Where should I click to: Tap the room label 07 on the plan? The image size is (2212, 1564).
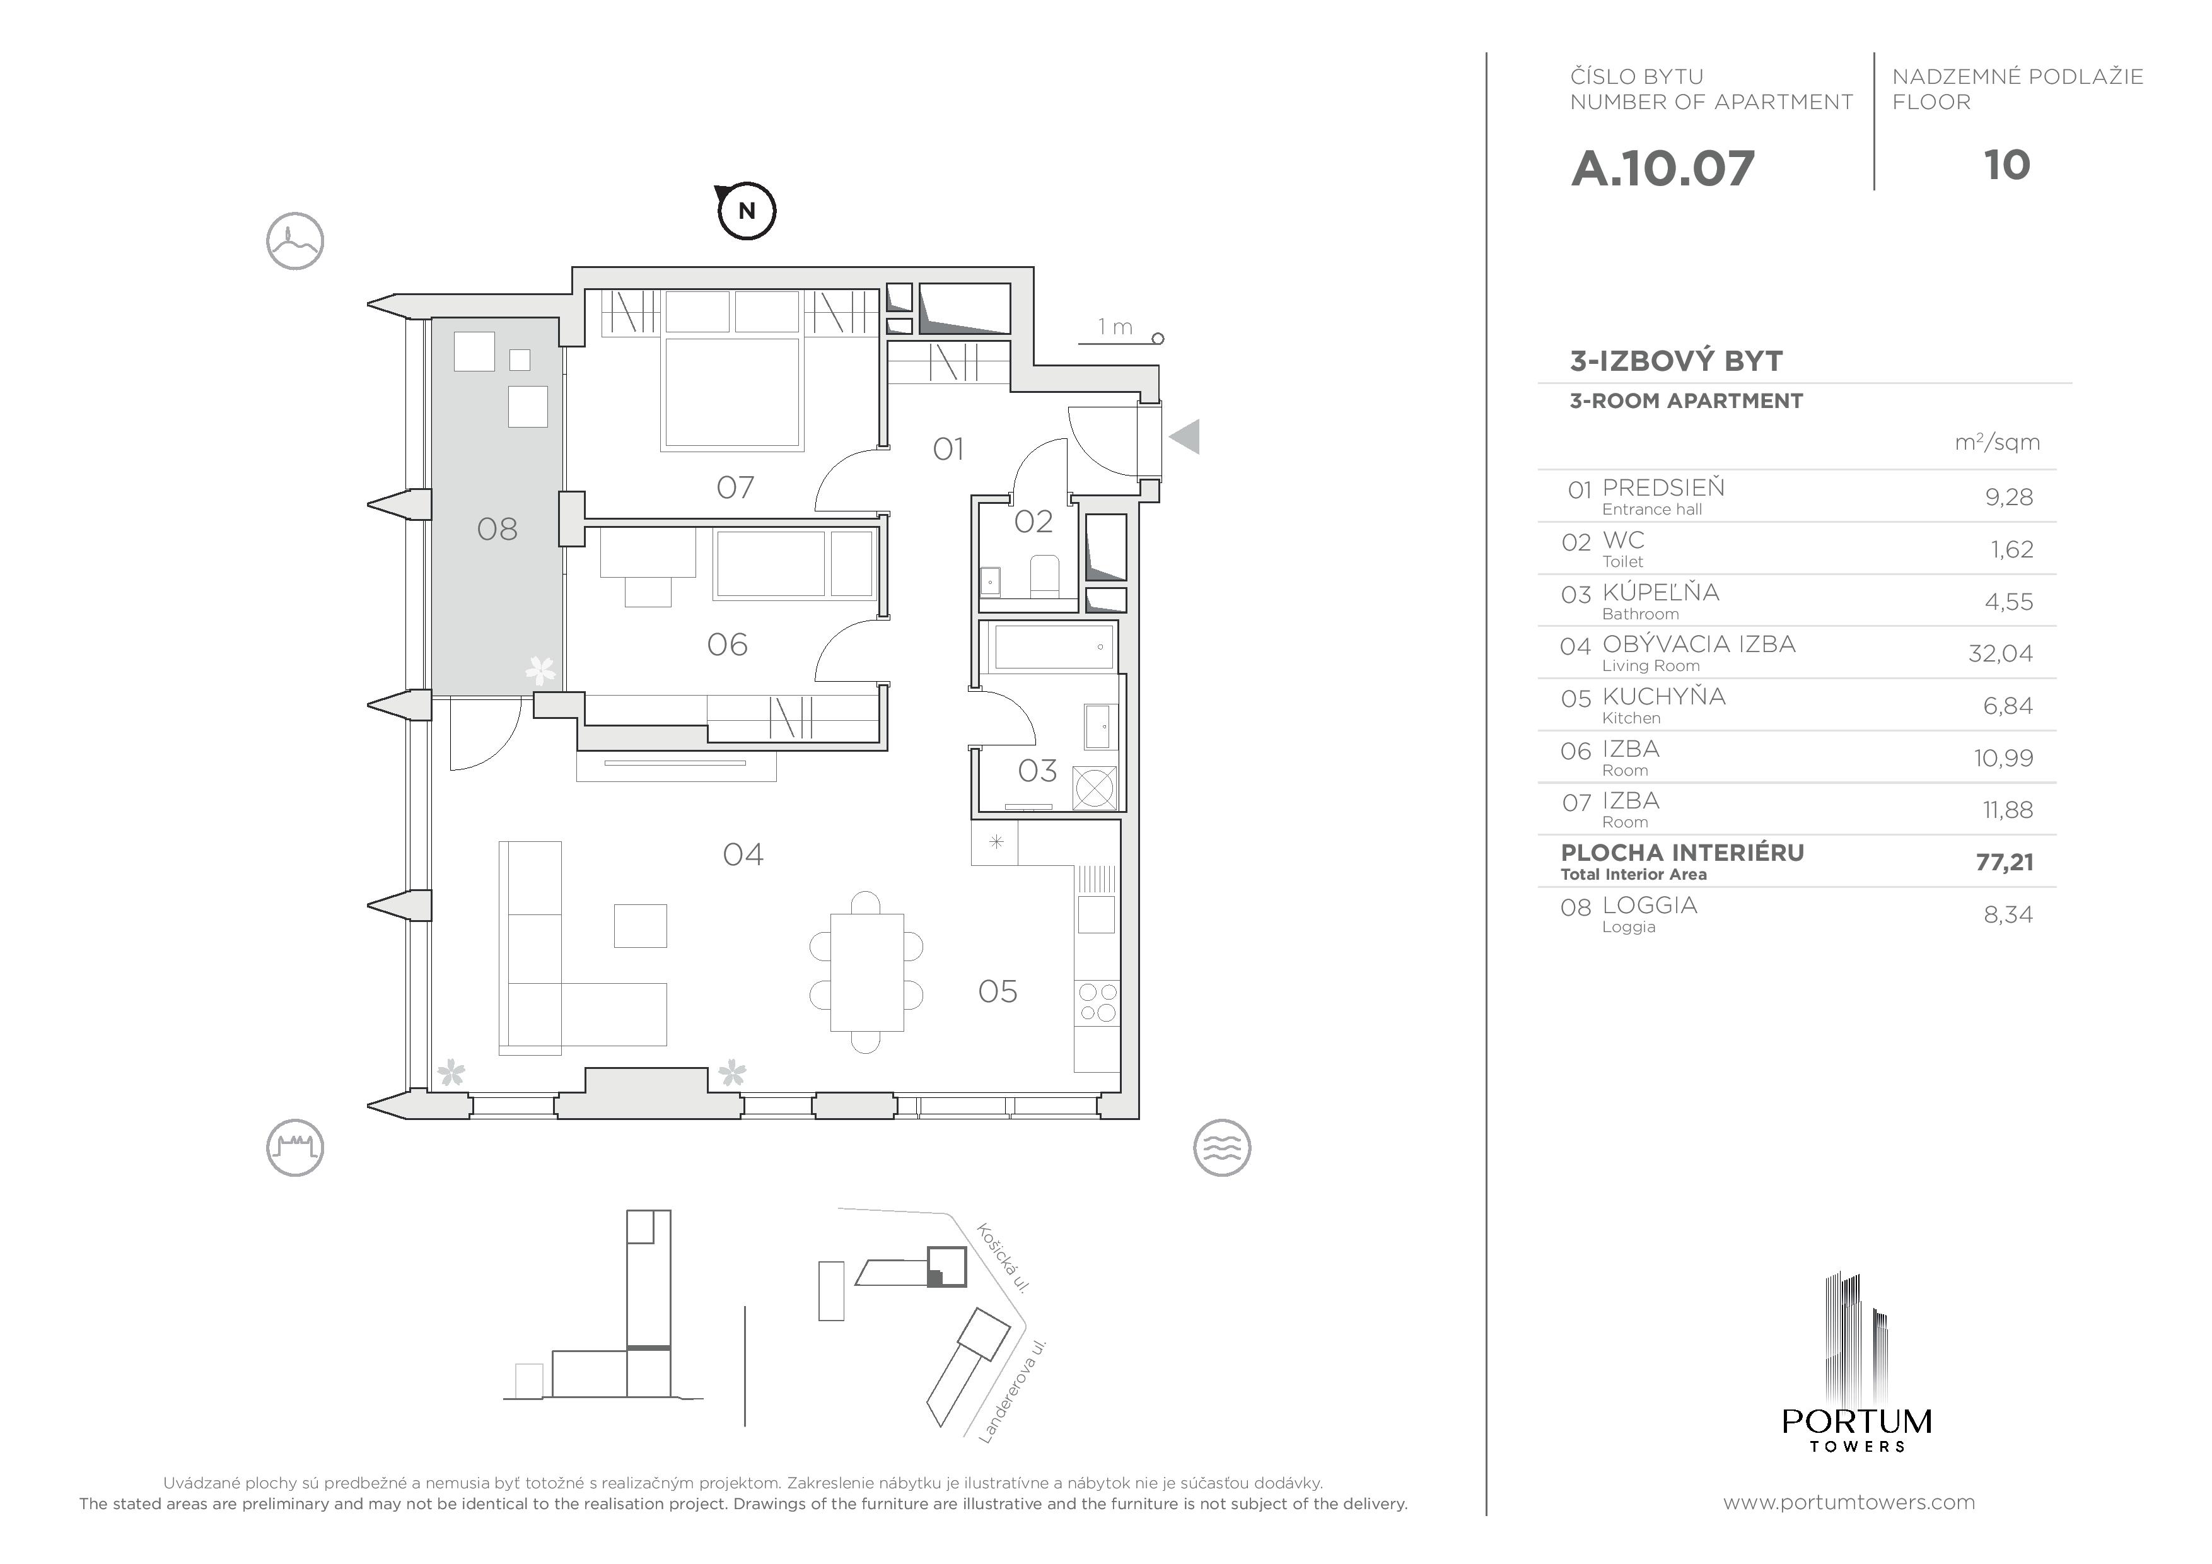tap(735, 487)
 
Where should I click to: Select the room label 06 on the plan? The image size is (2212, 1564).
tap(728, 645)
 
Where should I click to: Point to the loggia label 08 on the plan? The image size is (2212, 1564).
tap(497, 529)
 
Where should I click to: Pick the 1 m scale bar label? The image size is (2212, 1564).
tap(1115, 328)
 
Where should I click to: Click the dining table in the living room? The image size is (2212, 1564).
tap(866, 972)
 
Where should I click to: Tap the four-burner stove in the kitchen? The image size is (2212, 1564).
tap(1097, 1002)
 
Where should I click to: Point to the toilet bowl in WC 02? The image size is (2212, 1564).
tap(1045, 575)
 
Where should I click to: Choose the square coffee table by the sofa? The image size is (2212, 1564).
tap(641, 925)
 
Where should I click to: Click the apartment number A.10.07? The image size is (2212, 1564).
tap(1663, 168)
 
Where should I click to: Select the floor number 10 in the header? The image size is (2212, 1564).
tap(2007, 166)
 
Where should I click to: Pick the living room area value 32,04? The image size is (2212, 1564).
tap(2000, 653)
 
